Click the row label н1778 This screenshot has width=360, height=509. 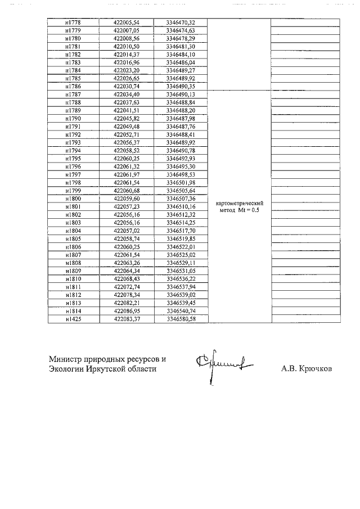point(73,22)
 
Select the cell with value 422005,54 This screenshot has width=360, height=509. point(125,22)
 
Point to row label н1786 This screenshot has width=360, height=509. point(73,87)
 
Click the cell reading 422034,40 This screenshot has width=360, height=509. point(125,94)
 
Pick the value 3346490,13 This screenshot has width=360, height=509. point(181,94)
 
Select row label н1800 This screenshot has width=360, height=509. point(73,199)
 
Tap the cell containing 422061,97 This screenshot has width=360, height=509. point(125,175)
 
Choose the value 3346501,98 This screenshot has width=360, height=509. point(181,183)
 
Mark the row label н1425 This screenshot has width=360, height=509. point(73,319)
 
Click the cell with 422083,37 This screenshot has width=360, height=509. point(125,319)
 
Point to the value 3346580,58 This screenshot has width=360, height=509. point(181,319)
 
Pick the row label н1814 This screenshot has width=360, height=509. point(73,311)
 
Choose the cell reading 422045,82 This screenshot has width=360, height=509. point(125,119)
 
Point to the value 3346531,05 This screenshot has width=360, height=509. point(181,271)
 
